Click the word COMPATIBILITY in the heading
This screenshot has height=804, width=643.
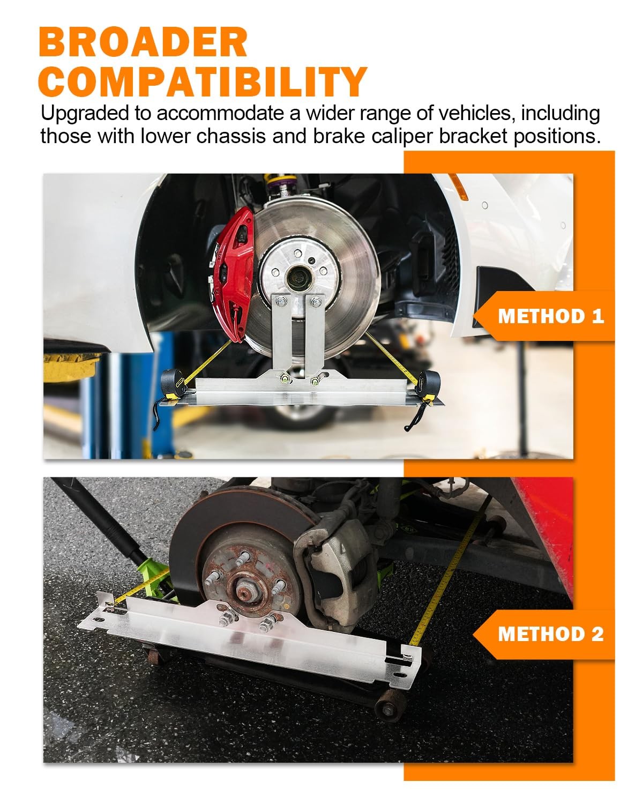(x=203, y=81)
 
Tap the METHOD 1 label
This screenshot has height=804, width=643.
(x=551, y=316)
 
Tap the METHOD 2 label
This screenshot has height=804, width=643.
(x=551, y=634)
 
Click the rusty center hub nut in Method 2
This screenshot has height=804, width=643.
(x=246, y=593)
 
